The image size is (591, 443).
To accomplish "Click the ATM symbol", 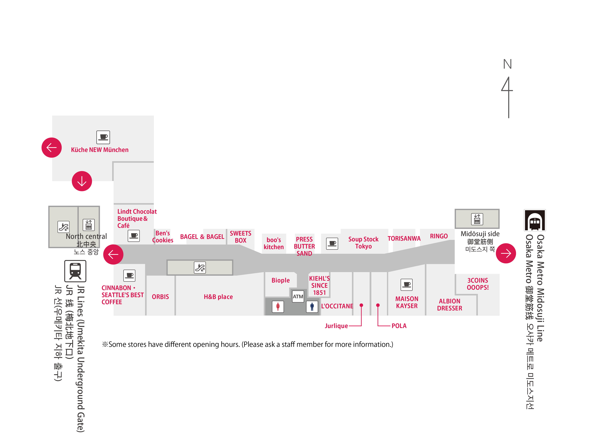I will tap(298, 296).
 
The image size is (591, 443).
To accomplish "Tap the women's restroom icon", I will tap(278, 307).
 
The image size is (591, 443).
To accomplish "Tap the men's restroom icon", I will tap(312, 307).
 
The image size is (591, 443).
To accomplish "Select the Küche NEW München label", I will tap(100, 150).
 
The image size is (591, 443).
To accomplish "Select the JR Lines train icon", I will tap(75, 271).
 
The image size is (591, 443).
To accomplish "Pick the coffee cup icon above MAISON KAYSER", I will tap(407, 285).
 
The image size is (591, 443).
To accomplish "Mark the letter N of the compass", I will tap(507, 64).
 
